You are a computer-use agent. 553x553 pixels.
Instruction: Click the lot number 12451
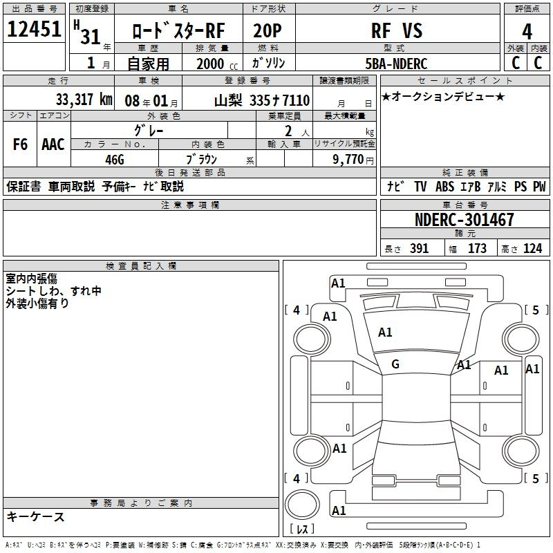35,30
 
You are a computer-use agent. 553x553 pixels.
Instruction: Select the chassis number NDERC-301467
465,221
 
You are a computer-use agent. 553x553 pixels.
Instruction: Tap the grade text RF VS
396,30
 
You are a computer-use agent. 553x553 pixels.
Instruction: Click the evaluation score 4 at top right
527,32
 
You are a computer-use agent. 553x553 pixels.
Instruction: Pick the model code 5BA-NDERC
396,64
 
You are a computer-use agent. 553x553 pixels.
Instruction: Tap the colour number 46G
114,159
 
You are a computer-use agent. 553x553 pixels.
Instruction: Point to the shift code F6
21,144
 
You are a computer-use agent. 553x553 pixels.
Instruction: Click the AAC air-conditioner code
53,144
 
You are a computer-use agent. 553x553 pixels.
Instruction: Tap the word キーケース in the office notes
35,517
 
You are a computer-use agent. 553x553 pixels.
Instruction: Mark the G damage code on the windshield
395,364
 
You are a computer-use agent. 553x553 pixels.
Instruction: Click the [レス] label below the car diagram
301,529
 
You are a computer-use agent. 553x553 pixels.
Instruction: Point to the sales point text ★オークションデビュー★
443,96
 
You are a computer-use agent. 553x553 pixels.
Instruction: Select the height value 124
532,249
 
